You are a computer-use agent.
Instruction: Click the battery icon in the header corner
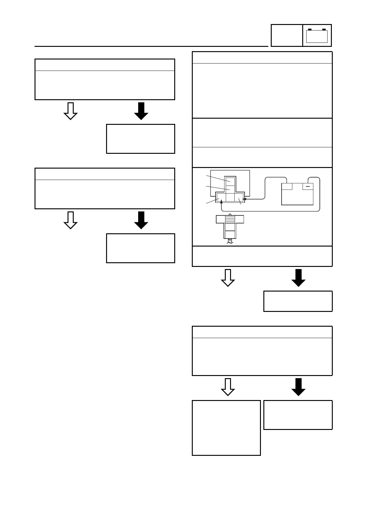pos(317,36)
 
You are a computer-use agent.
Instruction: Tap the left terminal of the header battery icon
pos(310,30)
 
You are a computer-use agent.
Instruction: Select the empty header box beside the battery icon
pos(287,35)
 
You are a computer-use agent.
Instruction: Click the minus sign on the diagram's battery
pos(307,186)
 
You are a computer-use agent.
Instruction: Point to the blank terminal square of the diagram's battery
pos(287,186)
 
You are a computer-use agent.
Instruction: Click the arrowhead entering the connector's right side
pos(244,199)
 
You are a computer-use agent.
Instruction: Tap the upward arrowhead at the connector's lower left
pos(221,202)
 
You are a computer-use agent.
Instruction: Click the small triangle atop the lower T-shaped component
pos(230,215)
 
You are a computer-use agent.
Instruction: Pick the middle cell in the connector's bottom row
pos(230,197)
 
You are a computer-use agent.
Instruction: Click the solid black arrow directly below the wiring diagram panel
pos(298,278)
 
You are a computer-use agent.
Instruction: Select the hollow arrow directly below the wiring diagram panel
pos(228,278)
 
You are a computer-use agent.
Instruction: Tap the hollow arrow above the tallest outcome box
pos(228,387)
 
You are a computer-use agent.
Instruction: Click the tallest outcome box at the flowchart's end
pos(226,427)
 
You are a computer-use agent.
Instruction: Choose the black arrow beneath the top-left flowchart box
pos(141,111)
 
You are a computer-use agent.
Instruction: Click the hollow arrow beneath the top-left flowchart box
pos(70,111)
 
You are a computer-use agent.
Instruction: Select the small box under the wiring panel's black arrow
pos(298,301)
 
